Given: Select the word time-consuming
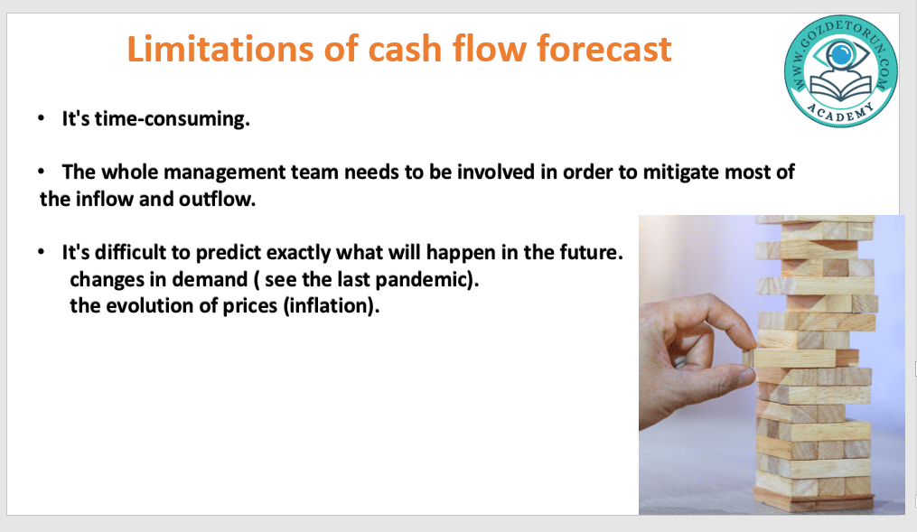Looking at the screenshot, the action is pyautogui.click(x=173, y=119).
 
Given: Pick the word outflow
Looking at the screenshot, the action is pyautogui.click(x=217, y=200).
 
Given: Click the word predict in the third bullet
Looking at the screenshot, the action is pyautogui.click(x=228, y=253).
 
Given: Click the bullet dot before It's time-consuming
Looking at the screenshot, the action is pyautogui.click(x=41, y=118).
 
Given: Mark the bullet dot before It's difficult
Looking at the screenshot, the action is pyautogui.click(x=41, y=253).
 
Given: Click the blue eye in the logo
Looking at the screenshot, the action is pyautogui.click(x=840, y=54).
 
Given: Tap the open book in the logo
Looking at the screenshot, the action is pyautogui.click(x=840, y=88).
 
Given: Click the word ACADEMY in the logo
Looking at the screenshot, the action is pyautogui.click(x=841, y=112).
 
